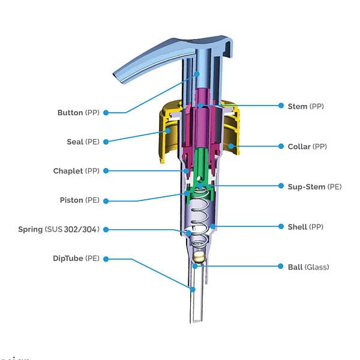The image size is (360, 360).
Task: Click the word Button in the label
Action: pyautogui.click(x=70, y=112)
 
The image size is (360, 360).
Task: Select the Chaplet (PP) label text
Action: pyautogui.click(x=76, y=171)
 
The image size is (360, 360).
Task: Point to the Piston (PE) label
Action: pyautogui.click(x=79, y=200)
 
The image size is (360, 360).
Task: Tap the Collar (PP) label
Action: pyautogui.click(x=307, y=146)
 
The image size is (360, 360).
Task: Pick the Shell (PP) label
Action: pyautogui.click(x=306, y=227)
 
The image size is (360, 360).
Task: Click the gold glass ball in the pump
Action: pyautogui.click(x=198, y=259)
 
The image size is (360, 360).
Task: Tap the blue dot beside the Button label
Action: pyautogui.click(x=106, y=112)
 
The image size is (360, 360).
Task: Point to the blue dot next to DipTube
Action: pyautogui.click(x=106, y=259)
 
